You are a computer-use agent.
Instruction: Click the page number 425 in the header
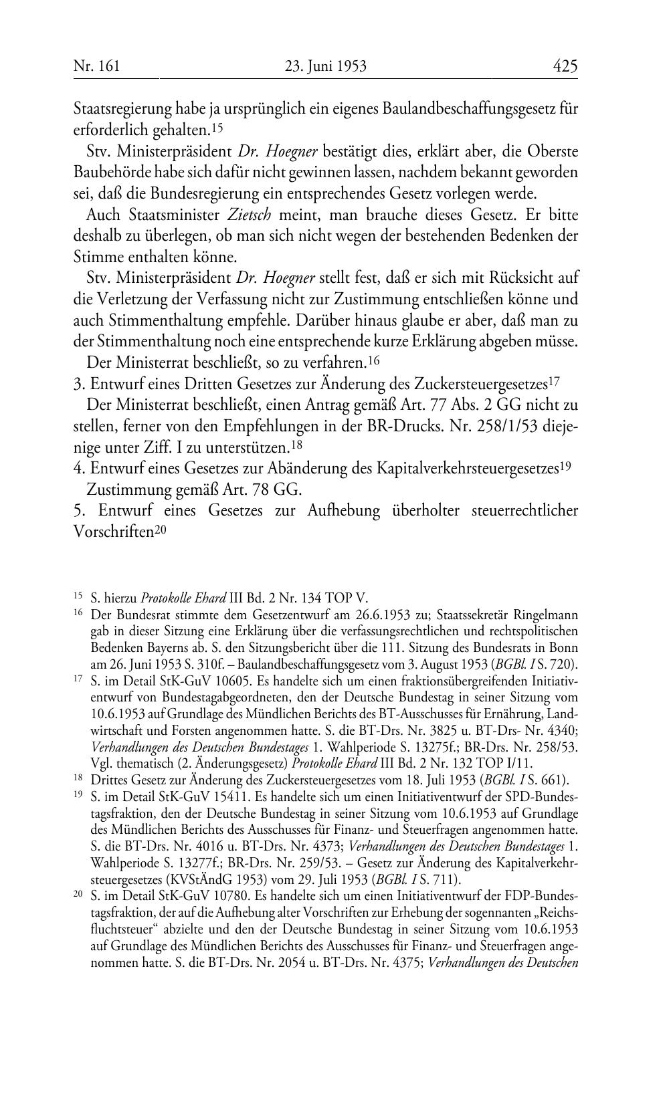point(565,66)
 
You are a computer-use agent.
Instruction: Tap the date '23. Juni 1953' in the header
point(326,66)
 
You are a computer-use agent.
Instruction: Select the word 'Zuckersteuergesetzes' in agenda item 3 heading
point(480,384)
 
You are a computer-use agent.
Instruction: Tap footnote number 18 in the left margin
point(78,778)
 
